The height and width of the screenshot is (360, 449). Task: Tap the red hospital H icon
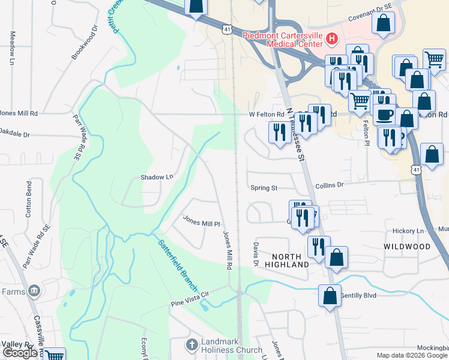click(x=332, y=40)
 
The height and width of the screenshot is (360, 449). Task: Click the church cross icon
click(x=191, y=345)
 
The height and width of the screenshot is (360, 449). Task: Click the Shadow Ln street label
click(x=157, y=177)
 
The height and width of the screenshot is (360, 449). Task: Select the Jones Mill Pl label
click(x=202, y=223)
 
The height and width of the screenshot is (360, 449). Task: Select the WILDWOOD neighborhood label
click(x=407, y=247)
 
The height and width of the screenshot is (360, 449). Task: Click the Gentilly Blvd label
click(x=358, y=296)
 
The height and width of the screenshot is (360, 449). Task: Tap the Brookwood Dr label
click(x=84, y=43)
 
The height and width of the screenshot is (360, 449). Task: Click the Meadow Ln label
click(x=11, y=47)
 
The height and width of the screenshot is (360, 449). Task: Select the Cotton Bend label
click(x=28, y=198)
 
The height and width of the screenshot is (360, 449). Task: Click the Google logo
click(x=20, y=353)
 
